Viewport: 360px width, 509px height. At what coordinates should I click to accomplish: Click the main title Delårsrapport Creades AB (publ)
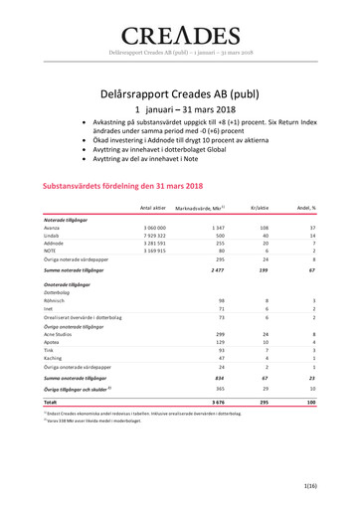pos(180,92)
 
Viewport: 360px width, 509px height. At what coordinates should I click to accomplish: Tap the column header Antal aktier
pos(152,207)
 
